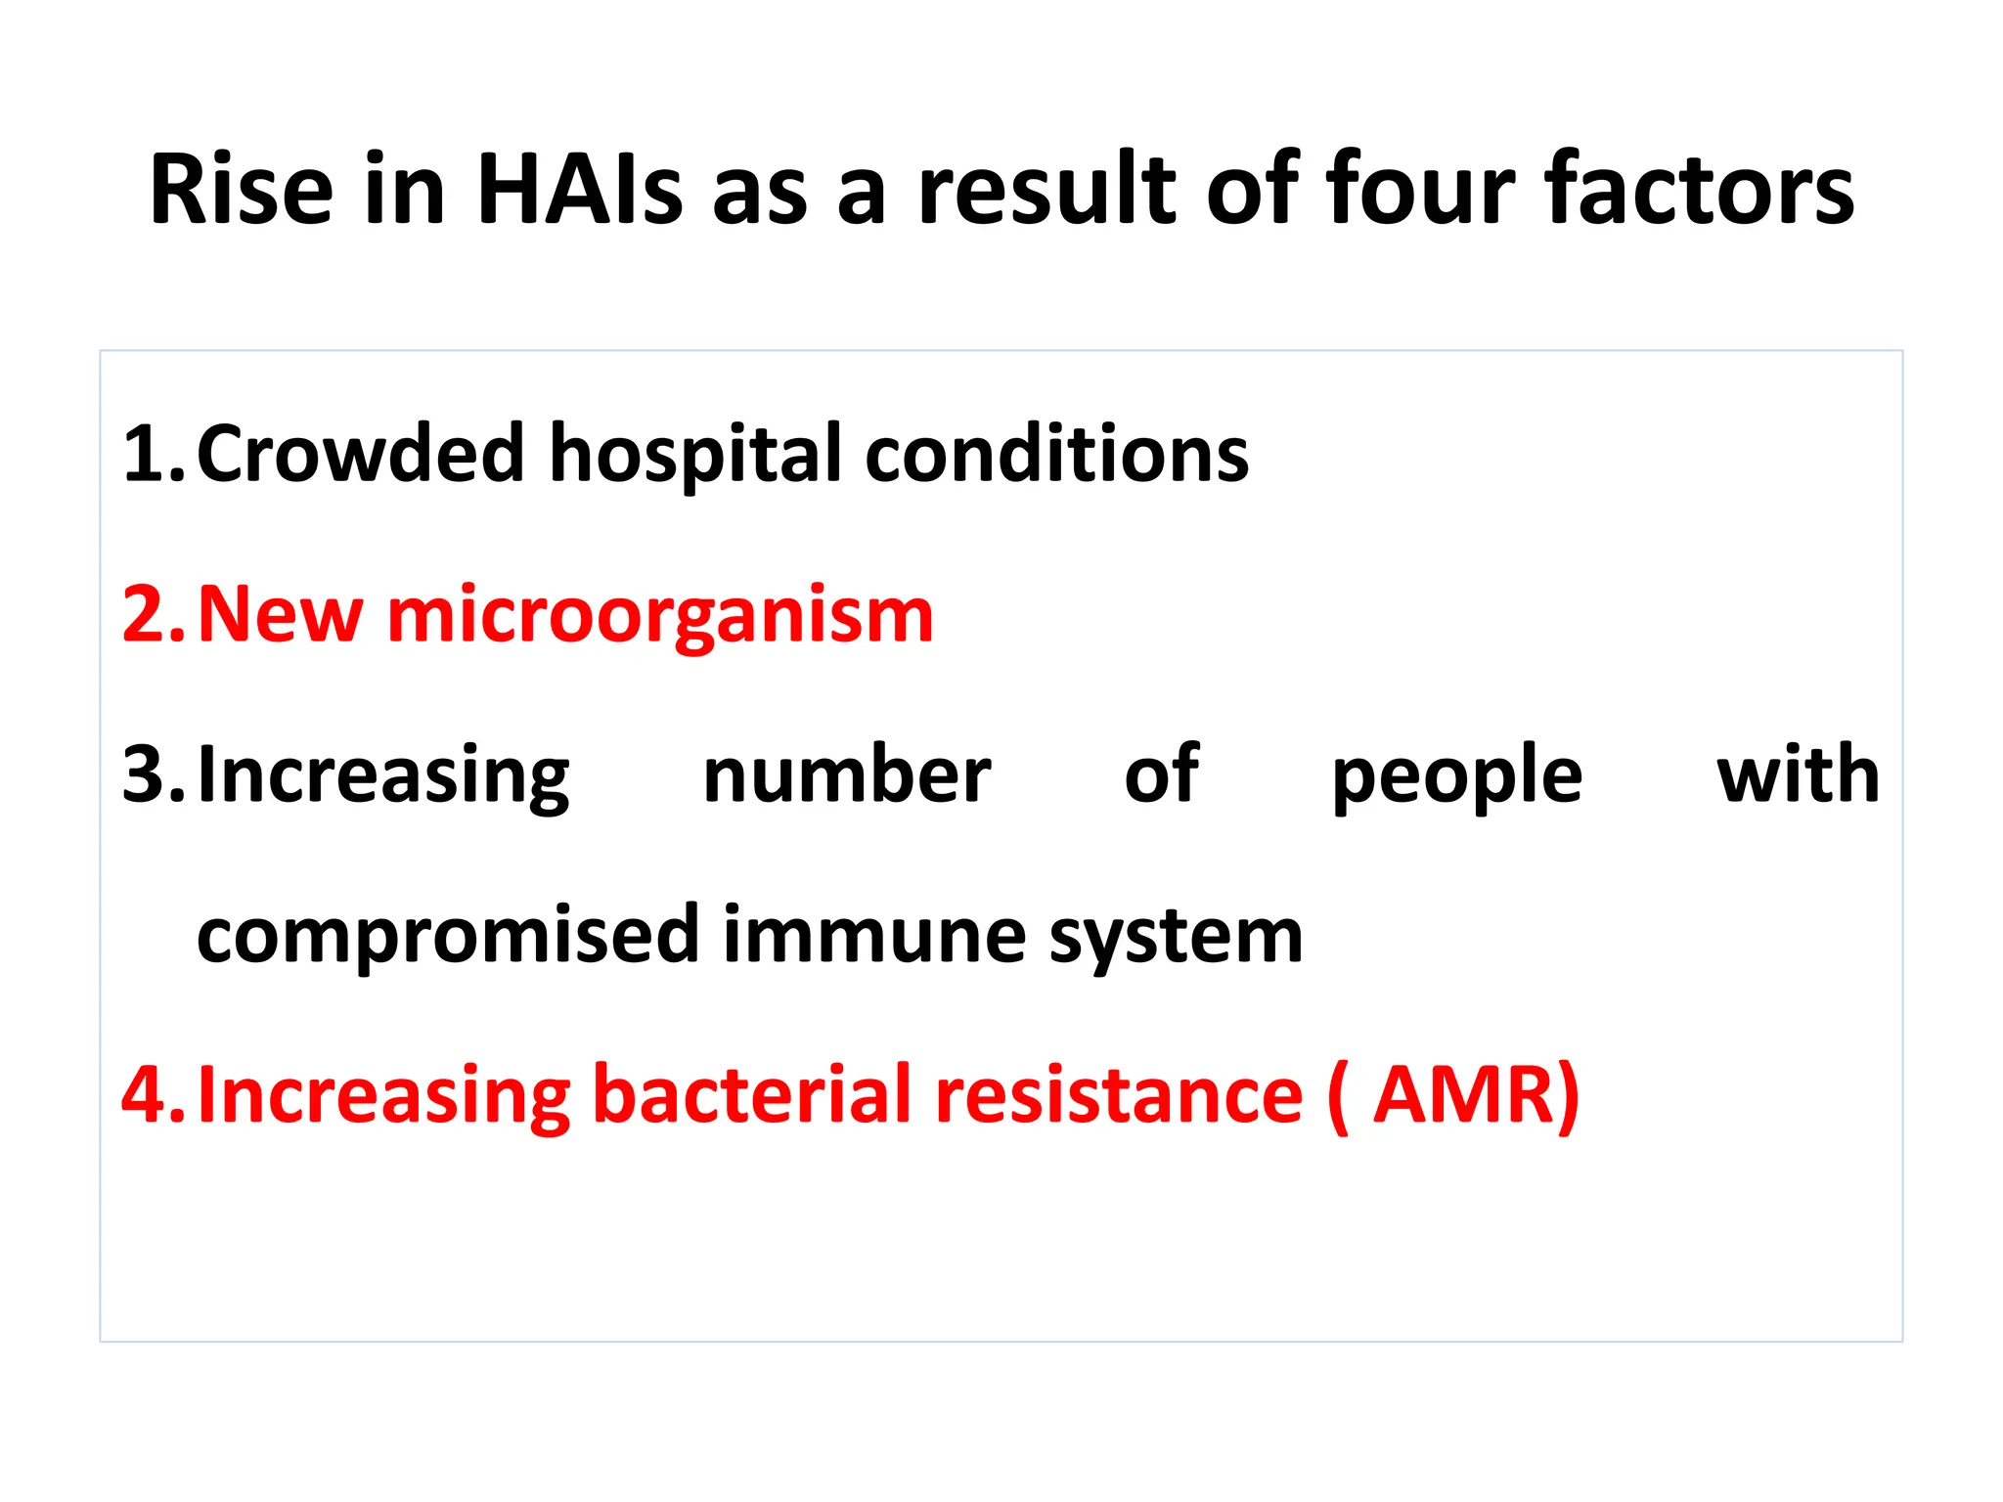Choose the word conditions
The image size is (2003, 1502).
point(1056,455)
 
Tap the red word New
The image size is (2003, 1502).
point(280,615)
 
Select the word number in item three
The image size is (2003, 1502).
point(846,775)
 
